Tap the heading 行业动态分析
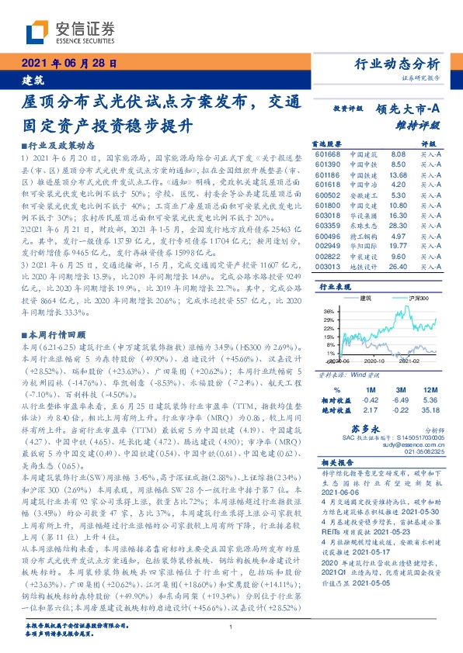click(402, 64)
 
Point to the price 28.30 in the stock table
click(398, 225)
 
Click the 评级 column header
click(429, 144)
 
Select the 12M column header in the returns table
click(429, 390)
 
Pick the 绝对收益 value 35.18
click(430, 411)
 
